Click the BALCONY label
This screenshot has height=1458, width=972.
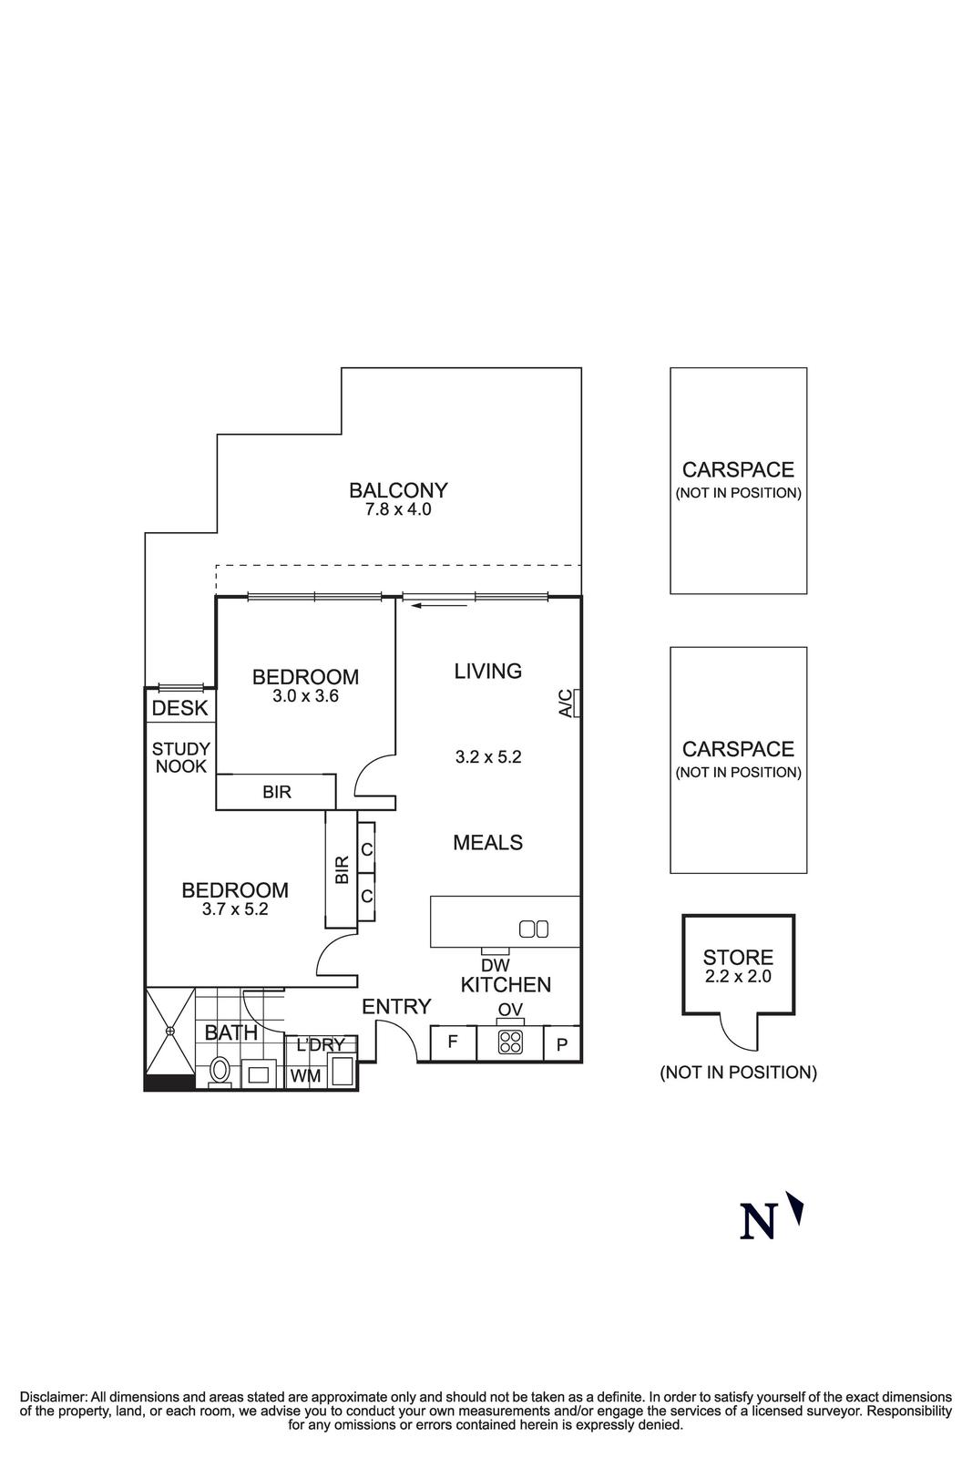click(x=398, y=490)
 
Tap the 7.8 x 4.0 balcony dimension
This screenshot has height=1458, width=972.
click(x=398, y=510)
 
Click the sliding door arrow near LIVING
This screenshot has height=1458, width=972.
click(x=438, y=603)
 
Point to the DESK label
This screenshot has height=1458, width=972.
click(x=179, y=708)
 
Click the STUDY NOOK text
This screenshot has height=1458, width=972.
click(x=180, y=758)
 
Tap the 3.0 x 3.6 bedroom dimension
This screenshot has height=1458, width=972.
click(x=305, y=697)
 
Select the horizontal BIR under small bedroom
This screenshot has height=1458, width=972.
click(x=276, y=792)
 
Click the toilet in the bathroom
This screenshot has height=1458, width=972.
click(x=220, y=1070)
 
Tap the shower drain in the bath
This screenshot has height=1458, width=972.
click(x=170, y=1031)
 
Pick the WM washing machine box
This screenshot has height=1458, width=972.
click(x=305, y=1076)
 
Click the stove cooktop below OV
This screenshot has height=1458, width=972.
click(x=510, y=1042)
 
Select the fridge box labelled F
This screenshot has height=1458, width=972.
click(x=452, y=1042)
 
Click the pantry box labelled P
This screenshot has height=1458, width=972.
click(x=562, y=1044)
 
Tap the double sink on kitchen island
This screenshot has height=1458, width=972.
click(x=533, y=929)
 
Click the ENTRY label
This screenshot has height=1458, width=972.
click(x=396, y=1007)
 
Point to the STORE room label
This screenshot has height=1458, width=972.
click(x=738, y=958)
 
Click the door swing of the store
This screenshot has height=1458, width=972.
click(x=738, y=1032)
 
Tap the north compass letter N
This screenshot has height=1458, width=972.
click(x=758, y=1222)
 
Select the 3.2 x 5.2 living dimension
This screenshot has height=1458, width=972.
click(x=488, y=757)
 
